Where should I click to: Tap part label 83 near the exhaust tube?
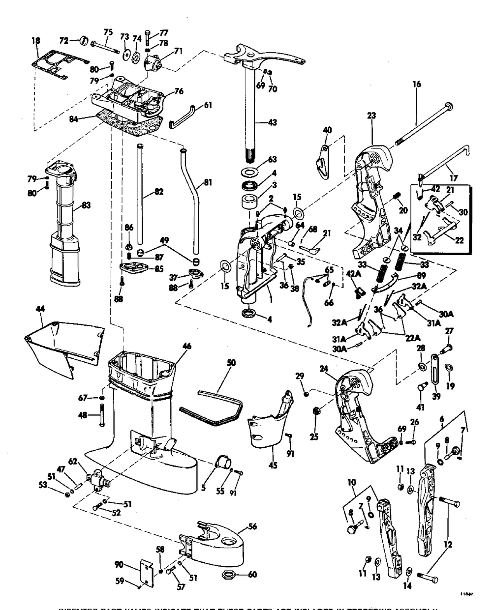[86, 205]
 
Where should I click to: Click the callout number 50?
[231, 363]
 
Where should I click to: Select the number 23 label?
[371, 116]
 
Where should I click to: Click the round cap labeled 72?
[82, 40]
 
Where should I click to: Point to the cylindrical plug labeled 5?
[223, 463]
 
